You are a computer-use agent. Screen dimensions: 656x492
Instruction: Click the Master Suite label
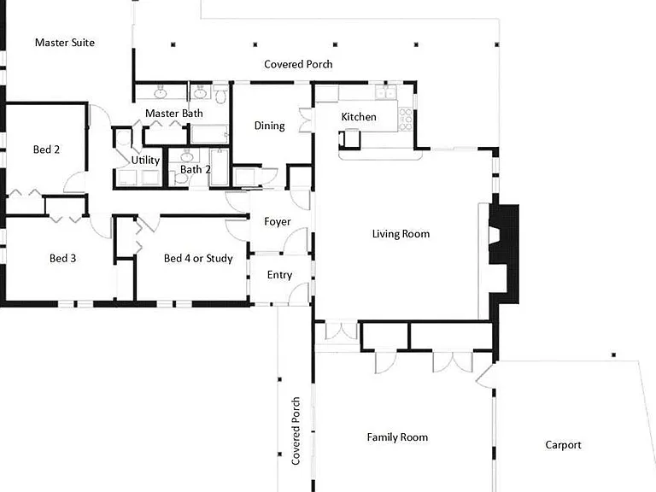point(65,42)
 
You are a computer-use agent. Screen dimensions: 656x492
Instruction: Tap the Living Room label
point(401,233)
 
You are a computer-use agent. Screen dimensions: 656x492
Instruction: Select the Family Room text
point(397,437)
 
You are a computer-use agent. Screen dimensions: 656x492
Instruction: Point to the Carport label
point(563,445)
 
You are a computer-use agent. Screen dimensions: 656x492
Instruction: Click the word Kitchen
point(359,117)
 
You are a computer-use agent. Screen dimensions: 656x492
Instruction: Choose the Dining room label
point(269,126)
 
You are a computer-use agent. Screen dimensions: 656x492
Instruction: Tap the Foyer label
point(278,222)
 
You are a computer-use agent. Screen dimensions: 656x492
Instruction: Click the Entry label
point(279,275)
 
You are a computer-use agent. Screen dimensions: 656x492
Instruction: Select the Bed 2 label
point(46,149)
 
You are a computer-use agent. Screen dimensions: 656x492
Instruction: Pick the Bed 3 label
point(62,258)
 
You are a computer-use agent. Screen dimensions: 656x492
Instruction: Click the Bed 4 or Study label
point(198,259)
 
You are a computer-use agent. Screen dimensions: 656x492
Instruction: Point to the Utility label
point(145,161)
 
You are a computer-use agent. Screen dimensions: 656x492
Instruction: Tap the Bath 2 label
point(196,169)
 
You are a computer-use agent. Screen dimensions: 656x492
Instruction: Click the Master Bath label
point(174,114)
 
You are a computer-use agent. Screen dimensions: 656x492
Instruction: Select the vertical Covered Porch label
point(296,430)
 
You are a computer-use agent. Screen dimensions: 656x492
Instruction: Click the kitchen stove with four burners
point(405,120)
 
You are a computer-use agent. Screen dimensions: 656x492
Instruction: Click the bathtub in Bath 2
point(220,167)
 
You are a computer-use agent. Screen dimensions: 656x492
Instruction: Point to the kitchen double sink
point(385,92)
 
